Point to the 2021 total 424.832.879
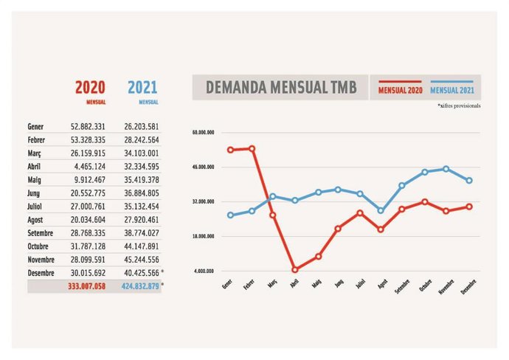[x=140, y=285]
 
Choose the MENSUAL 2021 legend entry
[x=451, y=89]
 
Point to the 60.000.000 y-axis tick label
[x=204, y=133]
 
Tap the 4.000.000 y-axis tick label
[x=204, y=271]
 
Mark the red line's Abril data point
[x=294, y=269]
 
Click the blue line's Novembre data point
[x=446, y=169]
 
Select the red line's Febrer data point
[x=252, y=148]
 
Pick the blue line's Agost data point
[x=381, y=210]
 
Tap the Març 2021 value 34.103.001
[x=141, y=153]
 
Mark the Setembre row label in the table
[x=41, y=232]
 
